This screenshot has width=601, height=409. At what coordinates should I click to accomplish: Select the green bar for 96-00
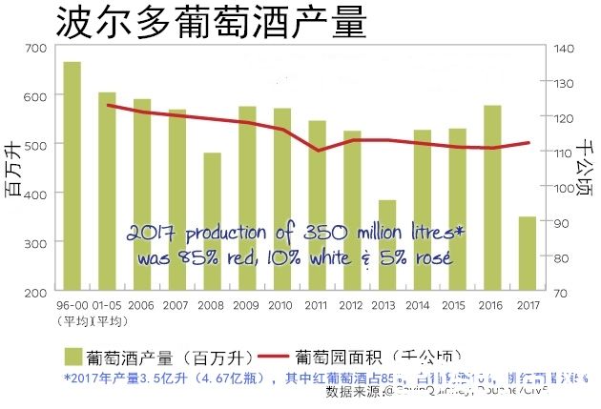pyautogui.click(x=73, y=176)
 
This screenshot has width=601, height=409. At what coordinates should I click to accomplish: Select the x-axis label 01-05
pyautogui.click(x=107, y=305)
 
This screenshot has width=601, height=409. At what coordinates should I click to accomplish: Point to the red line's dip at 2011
pyautogui.click(x=318, y=151)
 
